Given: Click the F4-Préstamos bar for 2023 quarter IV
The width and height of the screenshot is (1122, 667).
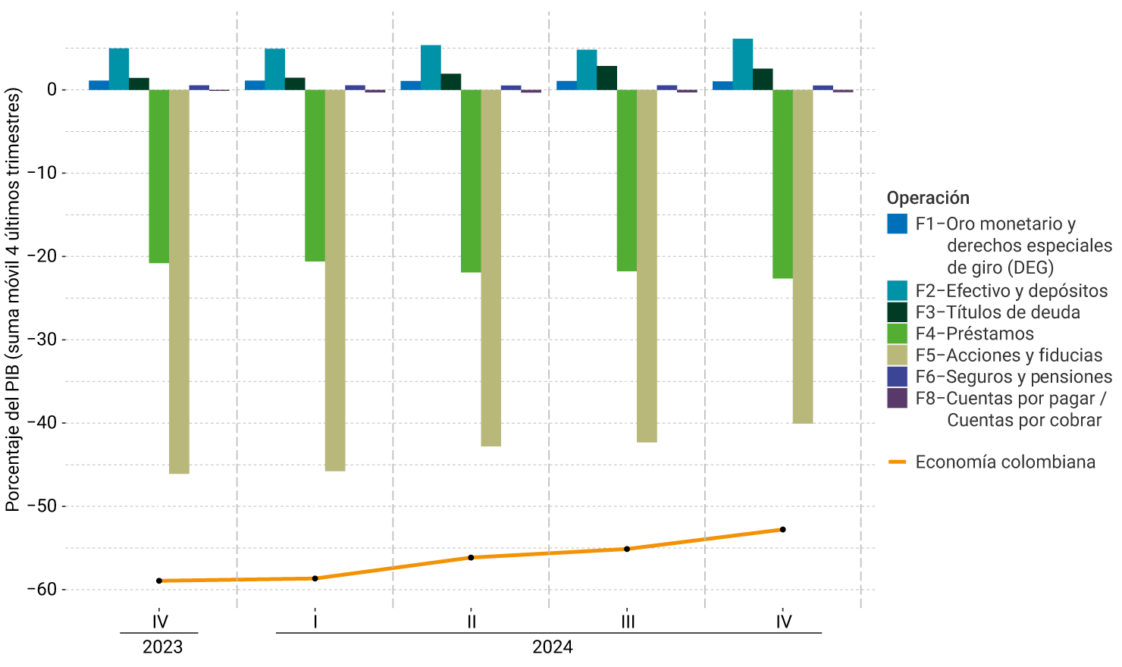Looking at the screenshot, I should tap(159, 177).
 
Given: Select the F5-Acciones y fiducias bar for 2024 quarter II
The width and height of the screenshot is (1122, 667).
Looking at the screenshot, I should tap(491, 268).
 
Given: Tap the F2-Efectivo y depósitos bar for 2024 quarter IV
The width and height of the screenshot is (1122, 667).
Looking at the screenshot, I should tap(743, 64).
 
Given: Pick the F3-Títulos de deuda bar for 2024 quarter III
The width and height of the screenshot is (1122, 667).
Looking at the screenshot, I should tap(606, 78).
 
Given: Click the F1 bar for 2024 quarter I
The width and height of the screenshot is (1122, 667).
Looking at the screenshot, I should tap(255, 85).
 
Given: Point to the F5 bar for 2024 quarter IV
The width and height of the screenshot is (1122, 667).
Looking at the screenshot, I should tap(803, 256).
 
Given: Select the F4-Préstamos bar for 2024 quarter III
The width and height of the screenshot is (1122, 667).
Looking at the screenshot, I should tap(627, 180).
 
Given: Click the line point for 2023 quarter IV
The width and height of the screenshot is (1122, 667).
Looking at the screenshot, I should tap(159, 581).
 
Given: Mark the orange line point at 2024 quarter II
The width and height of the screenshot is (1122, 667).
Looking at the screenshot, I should tap(471, 558).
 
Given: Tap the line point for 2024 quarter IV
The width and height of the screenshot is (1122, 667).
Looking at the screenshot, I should tap(783, 530).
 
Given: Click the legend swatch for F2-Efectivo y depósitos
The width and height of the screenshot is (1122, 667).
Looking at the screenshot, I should tap(898, 290).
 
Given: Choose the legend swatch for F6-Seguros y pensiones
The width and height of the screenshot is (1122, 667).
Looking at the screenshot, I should tap(898, 377).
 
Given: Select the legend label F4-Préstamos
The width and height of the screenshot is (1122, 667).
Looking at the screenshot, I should tap(974, 333).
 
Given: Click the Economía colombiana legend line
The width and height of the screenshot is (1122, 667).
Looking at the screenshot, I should tap(898, 462).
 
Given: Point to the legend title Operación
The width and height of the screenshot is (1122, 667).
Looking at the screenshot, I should tap(928, 198).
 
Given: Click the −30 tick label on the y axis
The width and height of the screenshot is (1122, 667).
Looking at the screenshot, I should tap(42, 340).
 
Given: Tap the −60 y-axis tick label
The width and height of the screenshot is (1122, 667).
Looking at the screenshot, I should tap(42, 589).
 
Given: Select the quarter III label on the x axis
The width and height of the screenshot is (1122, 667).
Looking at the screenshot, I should tap(628, 622).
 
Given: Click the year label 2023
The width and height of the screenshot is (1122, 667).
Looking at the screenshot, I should tap(162, 647).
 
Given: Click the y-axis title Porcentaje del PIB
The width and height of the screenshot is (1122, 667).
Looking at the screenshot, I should tap(13, 299).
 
